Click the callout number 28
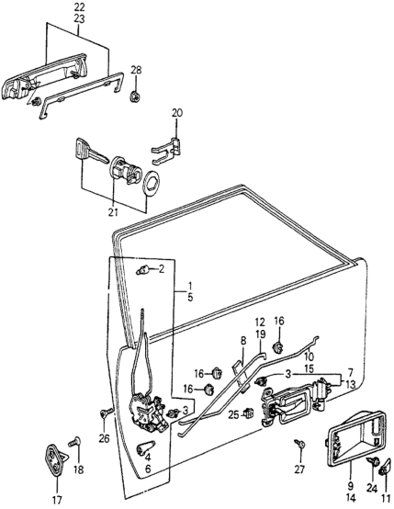pyautogui.click(x=136, y=70)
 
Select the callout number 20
pyautogui.click(x=176, y=113)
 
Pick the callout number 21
pyautogui.click(x=113, y=213)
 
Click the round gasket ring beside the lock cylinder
pyautogui.click(x=152, y=184)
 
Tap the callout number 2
pyautogui.click(x=162, y=269)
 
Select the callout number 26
pyautogui.click(x=105, y=439)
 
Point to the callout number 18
pyautogui.click(x=78, y=469)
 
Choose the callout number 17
pyautogui.click(x=57, y=499)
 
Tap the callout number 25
pyautogui.click(x=233, y=414)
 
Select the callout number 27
pyautogui.click(x=300, y=469)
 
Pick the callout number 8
pyautogui.click(x=243, y=341)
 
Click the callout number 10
pyautogui.click(x=309, y=357)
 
